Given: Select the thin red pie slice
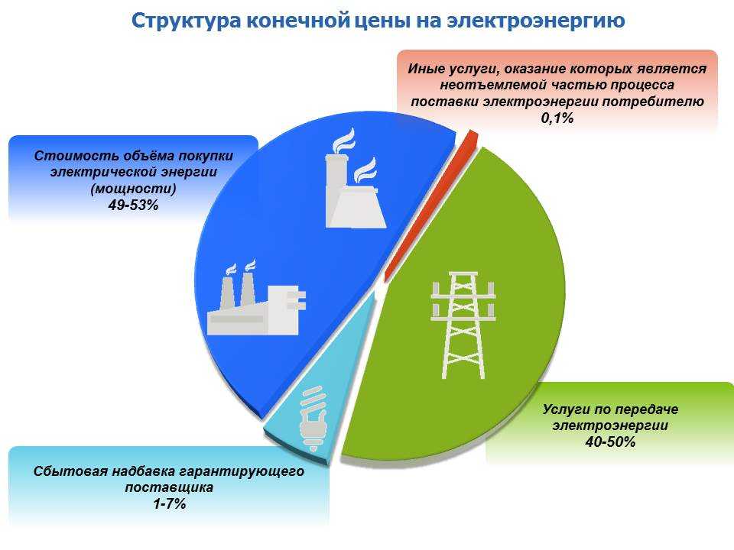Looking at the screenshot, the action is coord(431,206).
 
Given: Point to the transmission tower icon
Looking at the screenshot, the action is coord(463,325).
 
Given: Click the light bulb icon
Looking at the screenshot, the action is coord(313,418).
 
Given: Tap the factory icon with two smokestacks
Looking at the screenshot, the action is coord(257,298).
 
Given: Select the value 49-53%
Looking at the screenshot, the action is coord(133,205).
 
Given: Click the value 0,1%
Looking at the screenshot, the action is coord(557,118).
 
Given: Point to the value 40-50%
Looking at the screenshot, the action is coord(610,442).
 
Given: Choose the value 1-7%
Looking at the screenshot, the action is coord(170,503).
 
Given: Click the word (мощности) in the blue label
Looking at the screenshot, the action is coord(133,189).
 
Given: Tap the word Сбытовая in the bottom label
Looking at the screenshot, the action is coord(70,471).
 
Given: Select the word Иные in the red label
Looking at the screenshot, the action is coord(424,69).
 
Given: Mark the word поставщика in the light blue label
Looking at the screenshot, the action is coord(169,487).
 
